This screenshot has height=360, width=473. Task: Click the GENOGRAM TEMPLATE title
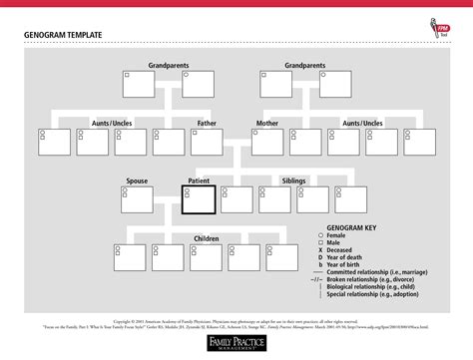(62, 36)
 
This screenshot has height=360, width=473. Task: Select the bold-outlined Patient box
(200, 199)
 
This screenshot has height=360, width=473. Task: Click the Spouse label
(138, 181)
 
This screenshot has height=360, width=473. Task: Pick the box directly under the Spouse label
(137, 199)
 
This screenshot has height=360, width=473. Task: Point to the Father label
(207, 124)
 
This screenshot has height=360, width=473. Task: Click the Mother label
(267, 124)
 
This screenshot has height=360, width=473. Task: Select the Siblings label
(294, 181)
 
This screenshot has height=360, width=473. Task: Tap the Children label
(207, 239)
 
